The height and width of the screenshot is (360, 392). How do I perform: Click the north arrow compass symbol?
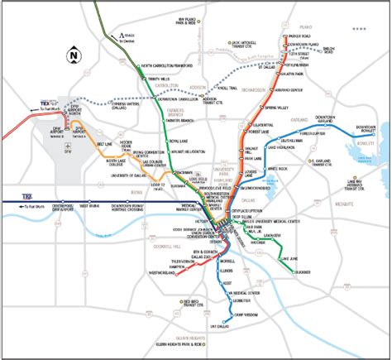(74, 56)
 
